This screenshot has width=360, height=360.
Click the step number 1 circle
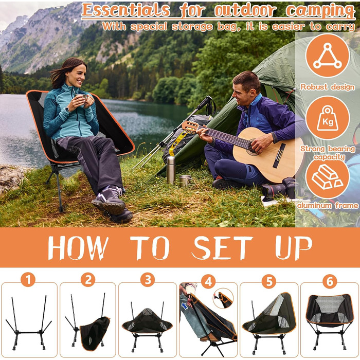28,279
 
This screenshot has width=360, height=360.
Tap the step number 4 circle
208,281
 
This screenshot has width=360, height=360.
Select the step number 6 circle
330,281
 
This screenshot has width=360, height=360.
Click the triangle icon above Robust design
328,56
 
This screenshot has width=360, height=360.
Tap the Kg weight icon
328,118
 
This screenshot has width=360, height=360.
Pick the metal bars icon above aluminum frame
327,177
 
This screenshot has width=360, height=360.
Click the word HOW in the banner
78,248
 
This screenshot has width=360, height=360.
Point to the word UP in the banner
294,248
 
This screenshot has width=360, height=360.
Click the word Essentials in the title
126,10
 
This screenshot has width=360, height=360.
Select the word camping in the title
320,11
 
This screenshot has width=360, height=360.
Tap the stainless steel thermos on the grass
171,170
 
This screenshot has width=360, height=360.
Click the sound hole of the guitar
253,147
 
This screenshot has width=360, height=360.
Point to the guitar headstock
190,127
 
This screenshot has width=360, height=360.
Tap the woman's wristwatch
67,110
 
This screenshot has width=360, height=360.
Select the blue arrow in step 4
185,306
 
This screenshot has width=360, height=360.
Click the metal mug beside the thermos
185,181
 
